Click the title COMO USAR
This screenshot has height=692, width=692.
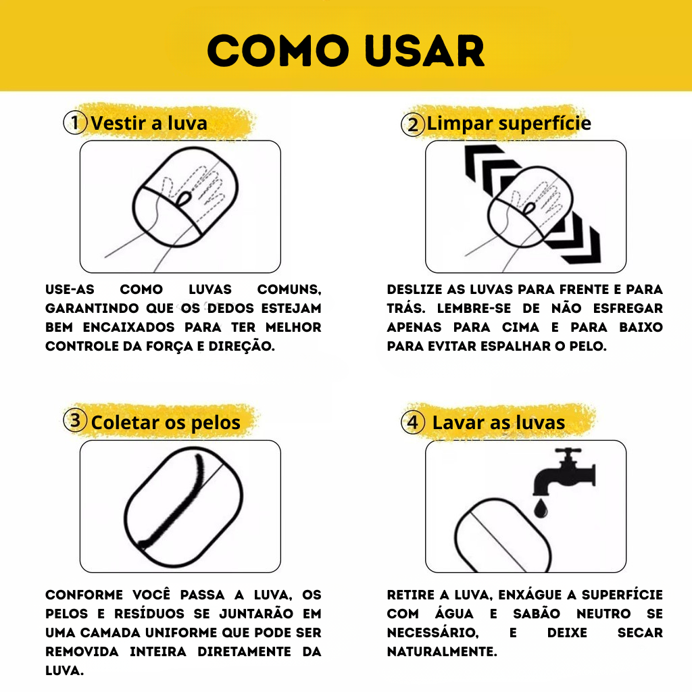click(x=345, y=51)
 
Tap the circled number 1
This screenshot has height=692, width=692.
click(x=75, y=123)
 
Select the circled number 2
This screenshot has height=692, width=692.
click(x=412, y=124)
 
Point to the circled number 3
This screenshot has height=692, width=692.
click(x=75, y=420)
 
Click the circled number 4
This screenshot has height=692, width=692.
click(x=412, y=423)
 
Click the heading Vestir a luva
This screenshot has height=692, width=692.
click(x=149, y=123)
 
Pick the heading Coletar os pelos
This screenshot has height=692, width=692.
click(x=166, y=423)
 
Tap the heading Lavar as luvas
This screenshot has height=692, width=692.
click(x=498, y=423)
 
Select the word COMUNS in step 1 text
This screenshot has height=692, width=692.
click(x=289, y=289)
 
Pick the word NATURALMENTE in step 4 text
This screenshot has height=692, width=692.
click(x=441, y=651)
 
